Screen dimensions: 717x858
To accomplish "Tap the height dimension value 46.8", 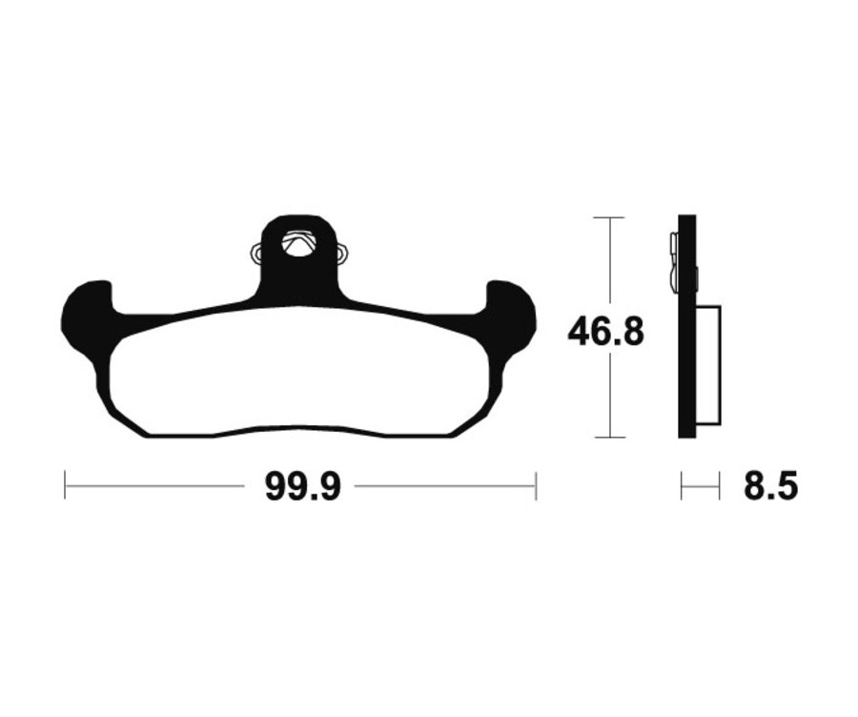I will [x=606, y=332].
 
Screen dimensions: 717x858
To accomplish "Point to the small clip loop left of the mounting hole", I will [x=256, y=254].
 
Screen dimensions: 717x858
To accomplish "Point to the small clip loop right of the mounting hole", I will [x=340, y=254].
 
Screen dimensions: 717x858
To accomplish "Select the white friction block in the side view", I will [x=708, y=364].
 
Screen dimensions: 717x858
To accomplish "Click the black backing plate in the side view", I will [x=686, y=381].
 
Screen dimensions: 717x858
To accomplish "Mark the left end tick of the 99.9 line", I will [x=65, y=485].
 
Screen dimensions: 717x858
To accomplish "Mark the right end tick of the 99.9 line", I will [x=536, y=485].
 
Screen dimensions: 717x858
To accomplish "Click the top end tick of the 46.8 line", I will [x=608, y=217].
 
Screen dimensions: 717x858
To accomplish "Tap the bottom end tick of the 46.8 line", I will [x=608, y=438].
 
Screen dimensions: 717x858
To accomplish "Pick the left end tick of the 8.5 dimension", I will [x=682, y=486].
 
